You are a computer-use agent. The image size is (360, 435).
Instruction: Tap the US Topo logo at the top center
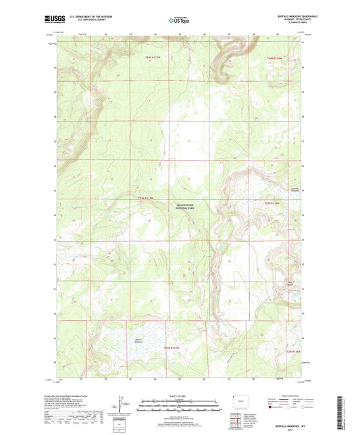(179, 20)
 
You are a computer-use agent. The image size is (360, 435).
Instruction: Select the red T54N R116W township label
(276, 58)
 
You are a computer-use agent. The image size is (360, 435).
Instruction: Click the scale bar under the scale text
(180, 408)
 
